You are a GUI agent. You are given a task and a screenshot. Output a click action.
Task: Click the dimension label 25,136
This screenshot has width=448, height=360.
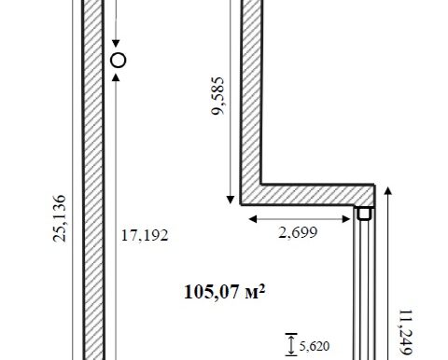pyautogui.click(x=59, y=218)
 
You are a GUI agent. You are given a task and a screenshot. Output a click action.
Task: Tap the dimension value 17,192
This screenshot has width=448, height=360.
pyautogui.click(x=145, y=235)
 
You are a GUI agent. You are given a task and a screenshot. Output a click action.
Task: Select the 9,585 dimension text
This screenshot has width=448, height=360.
pyautogui.click(x=217, y=96)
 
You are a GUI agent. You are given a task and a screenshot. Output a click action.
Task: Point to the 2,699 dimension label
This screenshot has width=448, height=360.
pyautogui.click(x=298, y=232)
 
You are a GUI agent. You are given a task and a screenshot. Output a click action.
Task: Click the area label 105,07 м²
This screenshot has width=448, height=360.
pyautogui.click(x=224, y=292)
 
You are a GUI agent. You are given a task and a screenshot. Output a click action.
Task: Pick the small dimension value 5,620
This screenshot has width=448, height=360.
pyautogui.click(x=315, y=346)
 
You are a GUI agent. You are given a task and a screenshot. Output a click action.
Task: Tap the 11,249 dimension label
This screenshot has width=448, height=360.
pyautogui.click(x=406, y=332)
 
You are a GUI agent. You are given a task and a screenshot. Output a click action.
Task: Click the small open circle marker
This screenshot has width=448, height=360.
pyautogui.click(x=119, y=60)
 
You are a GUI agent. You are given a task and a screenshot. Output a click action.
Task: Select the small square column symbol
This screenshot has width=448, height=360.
pyautogui.click(x=364, y=214)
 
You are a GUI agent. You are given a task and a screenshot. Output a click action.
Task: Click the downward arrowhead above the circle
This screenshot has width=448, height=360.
pyautogui.click(x=116, y=44)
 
